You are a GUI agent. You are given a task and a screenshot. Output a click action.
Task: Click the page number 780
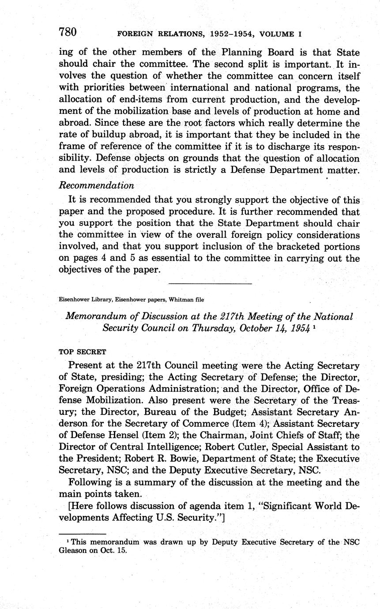tap(68, 32)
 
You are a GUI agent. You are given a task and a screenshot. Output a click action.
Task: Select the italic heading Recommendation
tap(96, 185)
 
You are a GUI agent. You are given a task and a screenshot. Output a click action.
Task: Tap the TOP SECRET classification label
tap(83, 352)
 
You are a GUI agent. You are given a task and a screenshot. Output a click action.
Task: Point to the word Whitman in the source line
tap(182, 300)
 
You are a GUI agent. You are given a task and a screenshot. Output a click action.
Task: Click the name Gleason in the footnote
tap(75, 551)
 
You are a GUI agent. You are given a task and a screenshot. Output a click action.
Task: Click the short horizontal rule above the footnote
tap(83, 534)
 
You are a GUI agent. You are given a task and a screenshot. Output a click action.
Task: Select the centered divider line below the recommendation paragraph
tap(210, 283)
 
